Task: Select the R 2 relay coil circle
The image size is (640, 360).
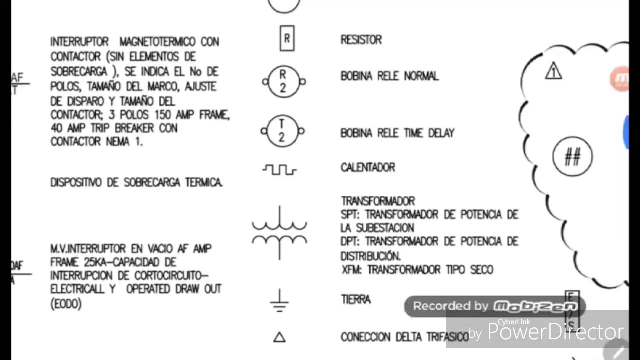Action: click(x=283, y=81)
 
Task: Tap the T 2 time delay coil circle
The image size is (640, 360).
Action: click(x=282, y=131)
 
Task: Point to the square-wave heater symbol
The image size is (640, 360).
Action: click(x=279, y=170)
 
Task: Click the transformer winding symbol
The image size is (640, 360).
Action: click(x=279, y=233)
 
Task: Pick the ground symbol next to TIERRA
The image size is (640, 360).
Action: click(x=279, y=301)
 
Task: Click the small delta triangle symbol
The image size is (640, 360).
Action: click(x=279, y=338)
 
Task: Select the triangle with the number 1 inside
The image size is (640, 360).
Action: click(x=553, y=72)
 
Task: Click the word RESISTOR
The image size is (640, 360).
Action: click(x=361, y=40)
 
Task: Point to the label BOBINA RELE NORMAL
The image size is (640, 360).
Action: click(x=389, y=76)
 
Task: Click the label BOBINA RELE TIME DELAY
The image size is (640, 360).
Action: click(x=397, y=133)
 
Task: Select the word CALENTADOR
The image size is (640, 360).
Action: click(x=368, y=167)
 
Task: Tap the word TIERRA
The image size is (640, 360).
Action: click(x=356, y=300)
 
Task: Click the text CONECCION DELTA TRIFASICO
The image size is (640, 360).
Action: click(x=405, y=337)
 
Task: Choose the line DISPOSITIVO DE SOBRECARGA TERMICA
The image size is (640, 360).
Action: click(x=136, y=183)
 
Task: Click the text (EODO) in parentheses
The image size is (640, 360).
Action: click(x=66, y=303)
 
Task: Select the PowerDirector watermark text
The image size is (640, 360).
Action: click(x=555, y=332)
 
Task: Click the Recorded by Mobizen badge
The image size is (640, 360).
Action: click(x=494, y=306)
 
